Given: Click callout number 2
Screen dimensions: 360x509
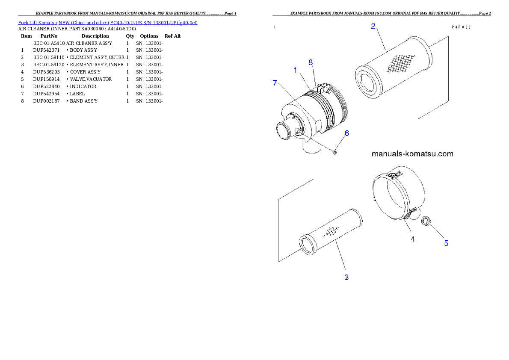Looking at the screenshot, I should [x=373, y=26].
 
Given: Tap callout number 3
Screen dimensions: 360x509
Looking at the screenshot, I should [x=346, y=277].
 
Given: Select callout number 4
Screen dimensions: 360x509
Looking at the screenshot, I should [x=413, y=239].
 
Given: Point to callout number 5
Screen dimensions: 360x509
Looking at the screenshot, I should [x=446, y=243].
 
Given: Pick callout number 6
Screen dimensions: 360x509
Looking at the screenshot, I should [x=347, y=133].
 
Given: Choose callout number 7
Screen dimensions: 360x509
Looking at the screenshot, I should [x=275, y=83].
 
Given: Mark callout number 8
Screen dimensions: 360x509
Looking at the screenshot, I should [x=311, y=62].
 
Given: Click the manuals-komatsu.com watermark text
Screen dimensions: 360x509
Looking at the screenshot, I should [x=412, y=154].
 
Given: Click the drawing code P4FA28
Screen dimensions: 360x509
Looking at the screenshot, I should [x=461, y=27].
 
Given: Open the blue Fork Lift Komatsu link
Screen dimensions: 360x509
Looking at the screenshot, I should [x=107, y=22].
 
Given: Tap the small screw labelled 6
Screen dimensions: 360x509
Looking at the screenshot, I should [x=335, y=150].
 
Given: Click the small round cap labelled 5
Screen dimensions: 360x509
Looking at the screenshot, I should [x=426, y=221].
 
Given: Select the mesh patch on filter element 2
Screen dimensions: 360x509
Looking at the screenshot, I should [x=400, y=63].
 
